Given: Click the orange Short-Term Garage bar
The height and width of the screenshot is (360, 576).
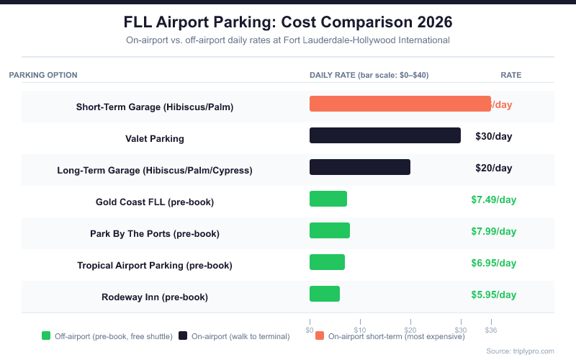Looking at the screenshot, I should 400,104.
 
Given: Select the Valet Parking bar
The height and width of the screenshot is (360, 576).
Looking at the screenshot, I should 384,135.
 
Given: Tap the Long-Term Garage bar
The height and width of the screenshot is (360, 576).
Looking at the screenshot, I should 359,167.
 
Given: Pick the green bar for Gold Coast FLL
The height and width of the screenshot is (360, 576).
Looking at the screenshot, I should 328,199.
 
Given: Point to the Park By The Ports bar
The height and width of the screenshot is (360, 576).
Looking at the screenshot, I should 330,230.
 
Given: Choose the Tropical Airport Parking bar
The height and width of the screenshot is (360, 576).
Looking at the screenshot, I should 327,262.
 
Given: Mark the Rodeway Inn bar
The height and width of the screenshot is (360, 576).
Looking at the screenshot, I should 325,294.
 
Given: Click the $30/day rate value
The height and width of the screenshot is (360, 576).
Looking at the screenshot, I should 493,135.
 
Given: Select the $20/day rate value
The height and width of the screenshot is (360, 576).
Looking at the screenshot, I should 493,168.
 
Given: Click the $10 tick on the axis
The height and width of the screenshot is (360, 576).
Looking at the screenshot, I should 360,330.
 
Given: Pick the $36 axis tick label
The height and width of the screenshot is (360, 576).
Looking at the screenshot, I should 491,330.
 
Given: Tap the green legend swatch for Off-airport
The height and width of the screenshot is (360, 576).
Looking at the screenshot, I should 46,336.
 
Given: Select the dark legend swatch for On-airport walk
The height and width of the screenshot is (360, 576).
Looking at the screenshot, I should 183,336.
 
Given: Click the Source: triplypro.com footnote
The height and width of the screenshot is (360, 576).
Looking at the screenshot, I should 520,351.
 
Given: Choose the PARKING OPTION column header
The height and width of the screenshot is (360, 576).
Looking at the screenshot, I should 43,75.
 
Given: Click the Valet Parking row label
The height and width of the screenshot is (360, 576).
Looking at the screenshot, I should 155,138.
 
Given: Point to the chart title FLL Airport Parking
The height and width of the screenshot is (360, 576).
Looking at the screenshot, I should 288,21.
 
